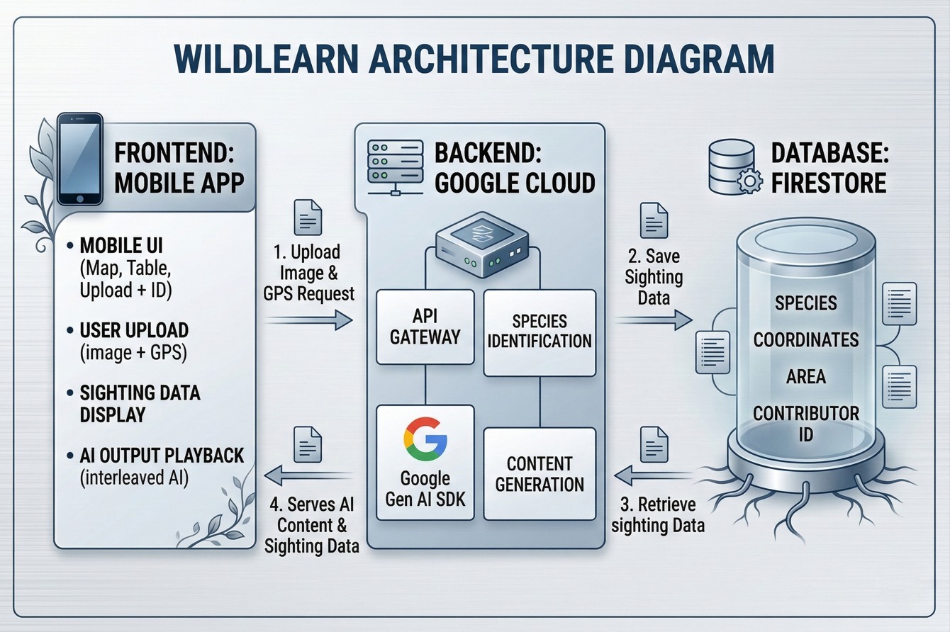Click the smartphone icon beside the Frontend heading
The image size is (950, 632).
pos(80,159)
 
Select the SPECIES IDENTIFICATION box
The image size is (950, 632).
pos(540,331)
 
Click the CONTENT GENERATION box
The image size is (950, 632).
pos(540,474)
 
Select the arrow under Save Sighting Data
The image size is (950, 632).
pos(653,320)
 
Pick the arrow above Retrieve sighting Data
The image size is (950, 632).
pos(653,473)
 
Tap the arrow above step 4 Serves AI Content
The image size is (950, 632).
pos(310,474)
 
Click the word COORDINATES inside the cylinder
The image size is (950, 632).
pos(805,339)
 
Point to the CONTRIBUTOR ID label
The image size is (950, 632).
pos(805,423)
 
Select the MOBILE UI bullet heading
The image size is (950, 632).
pos(121,246)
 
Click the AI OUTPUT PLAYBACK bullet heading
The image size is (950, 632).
pos(162,455)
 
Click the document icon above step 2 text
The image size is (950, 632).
pos(653,220)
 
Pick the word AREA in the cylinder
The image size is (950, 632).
pos(805,376)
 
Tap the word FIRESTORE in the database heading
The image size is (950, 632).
pos(829,183)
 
